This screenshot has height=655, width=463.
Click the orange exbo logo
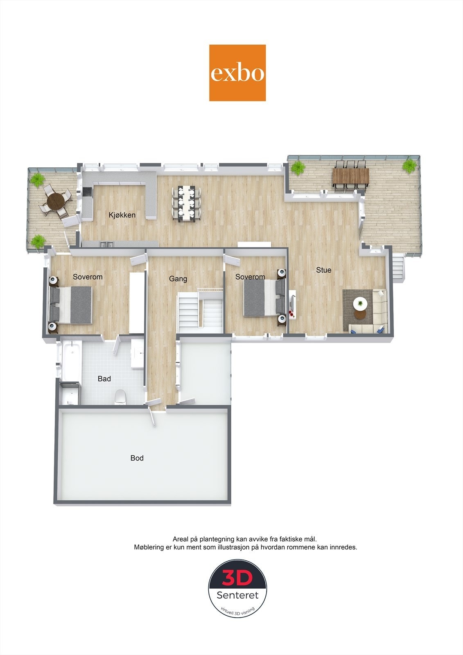tap(237, 73)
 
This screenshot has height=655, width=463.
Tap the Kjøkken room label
tap(122, 215)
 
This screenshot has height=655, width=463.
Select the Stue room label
tap(323, 270)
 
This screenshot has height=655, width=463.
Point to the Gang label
tap(178, 279)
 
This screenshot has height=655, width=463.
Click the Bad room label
tap(104, 379)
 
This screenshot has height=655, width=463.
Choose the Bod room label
tap(137, 458)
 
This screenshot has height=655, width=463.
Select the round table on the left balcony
tap(56, 201)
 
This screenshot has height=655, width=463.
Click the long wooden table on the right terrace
tap(351, 176)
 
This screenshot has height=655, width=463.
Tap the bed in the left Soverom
tap(70, 305)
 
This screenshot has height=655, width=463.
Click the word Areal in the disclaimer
tap(181, 540)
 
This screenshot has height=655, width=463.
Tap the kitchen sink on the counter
tap(107, 245)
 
